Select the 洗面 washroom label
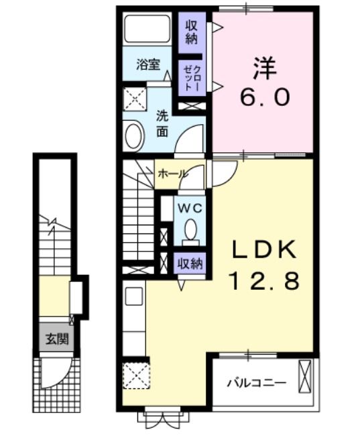162,121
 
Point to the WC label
189,207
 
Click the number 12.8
263,280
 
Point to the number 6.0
264,97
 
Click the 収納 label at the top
192,31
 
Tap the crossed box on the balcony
306,377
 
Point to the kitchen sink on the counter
133,296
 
